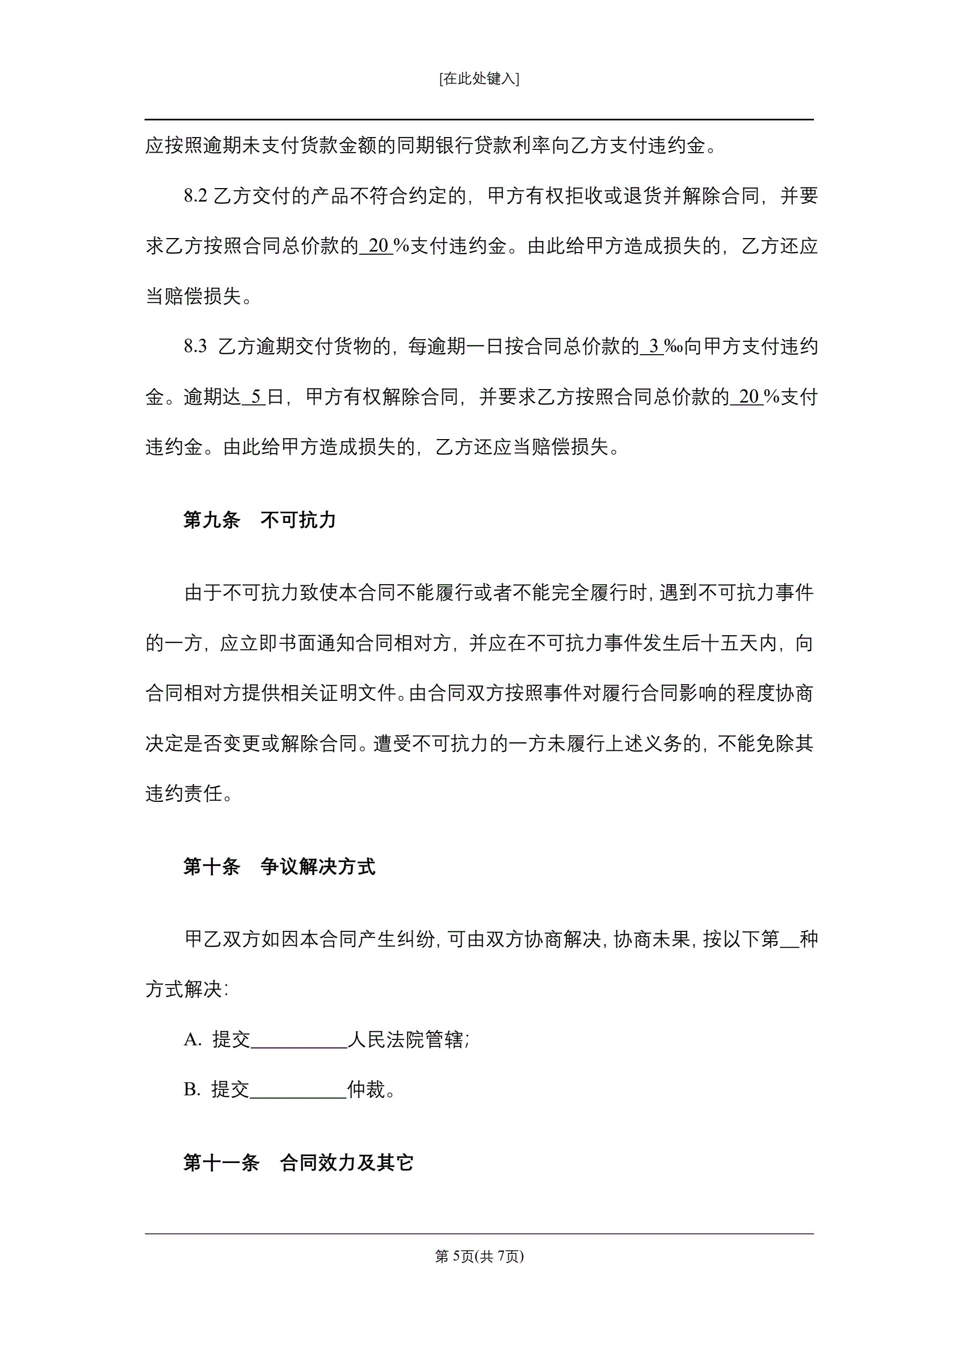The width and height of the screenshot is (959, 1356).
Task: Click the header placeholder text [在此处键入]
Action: click(479, 78)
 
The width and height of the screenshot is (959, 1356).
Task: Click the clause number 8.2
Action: click(195, 196)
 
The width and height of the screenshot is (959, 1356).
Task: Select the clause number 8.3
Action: click(195, 347)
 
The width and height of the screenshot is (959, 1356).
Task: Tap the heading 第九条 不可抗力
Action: click(259, 520)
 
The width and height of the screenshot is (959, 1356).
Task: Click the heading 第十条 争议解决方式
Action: click(279, 867)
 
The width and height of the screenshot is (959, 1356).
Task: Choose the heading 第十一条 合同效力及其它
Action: click(298, 1163)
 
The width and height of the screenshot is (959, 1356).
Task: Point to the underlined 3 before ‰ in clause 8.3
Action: click(653, 347)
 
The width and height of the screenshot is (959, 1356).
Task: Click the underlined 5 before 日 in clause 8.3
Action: click(255, 397)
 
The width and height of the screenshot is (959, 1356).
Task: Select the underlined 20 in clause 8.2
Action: click(377, 246)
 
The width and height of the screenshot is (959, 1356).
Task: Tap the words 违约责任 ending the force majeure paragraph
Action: click(184, 794)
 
